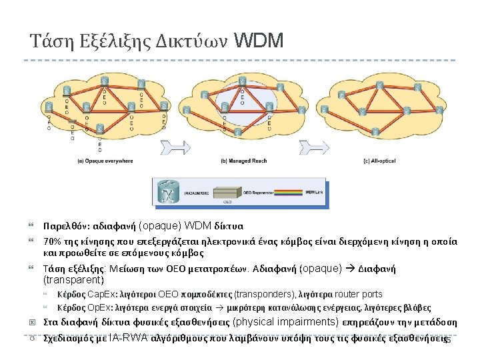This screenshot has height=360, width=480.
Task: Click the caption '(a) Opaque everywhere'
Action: tap(105, 161)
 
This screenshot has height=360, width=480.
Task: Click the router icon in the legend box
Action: tap(169, 193)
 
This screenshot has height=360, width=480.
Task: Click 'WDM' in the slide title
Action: tap(259, 41)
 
